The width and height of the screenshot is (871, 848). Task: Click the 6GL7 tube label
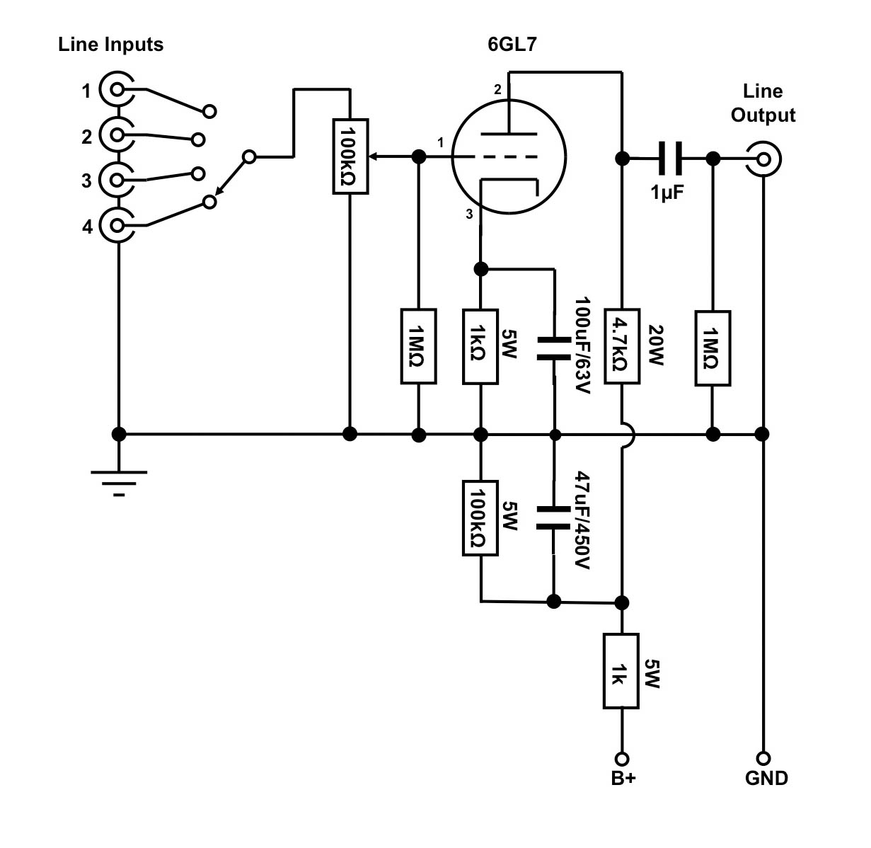coord(512,44)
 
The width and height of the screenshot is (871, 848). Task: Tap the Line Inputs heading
coord(110,45)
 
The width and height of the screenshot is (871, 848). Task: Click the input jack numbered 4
coord(117,226)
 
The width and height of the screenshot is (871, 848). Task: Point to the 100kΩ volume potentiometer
coord(350,156)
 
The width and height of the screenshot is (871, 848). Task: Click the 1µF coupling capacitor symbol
coord(669,159)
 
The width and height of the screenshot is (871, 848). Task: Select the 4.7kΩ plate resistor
coord(622,346)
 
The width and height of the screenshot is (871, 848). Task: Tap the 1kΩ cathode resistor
coord(480,346)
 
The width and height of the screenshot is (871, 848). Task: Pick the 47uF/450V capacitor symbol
coord(554,517)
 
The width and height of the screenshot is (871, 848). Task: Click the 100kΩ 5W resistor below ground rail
coord(480,518)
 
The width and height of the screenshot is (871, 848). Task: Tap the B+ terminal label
coord(623,778)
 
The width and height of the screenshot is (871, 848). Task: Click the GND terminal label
coord(766,778)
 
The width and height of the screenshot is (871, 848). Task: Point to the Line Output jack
coord(765,159)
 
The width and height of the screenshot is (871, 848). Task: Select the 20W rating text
coord(657,346)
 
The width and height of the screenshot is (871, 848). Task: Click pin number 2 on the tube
coord(497,90)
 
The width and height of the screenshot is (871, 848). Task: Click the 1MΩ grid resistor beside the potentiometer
coord(419,346)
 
